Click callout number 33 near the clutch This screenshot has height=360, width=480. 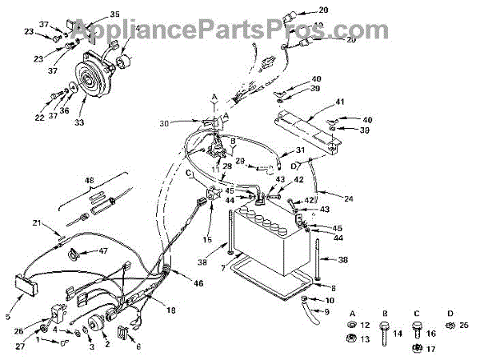pyautogui.click(x=79, y=125)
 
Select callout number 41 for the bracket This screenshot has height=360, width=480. pyautogui.click(x=339, y=102)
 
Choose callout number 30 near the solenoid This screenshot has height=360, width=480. pyautogui.click(x=165, y=123)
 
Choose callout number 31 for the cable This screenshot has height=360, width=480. pyautogui.click(x=300, y=151)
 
